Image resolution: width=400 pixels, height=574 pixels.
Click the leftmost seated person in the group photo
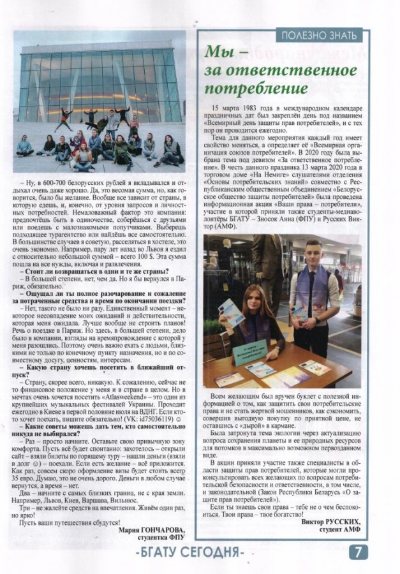(x=24, y=145)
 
